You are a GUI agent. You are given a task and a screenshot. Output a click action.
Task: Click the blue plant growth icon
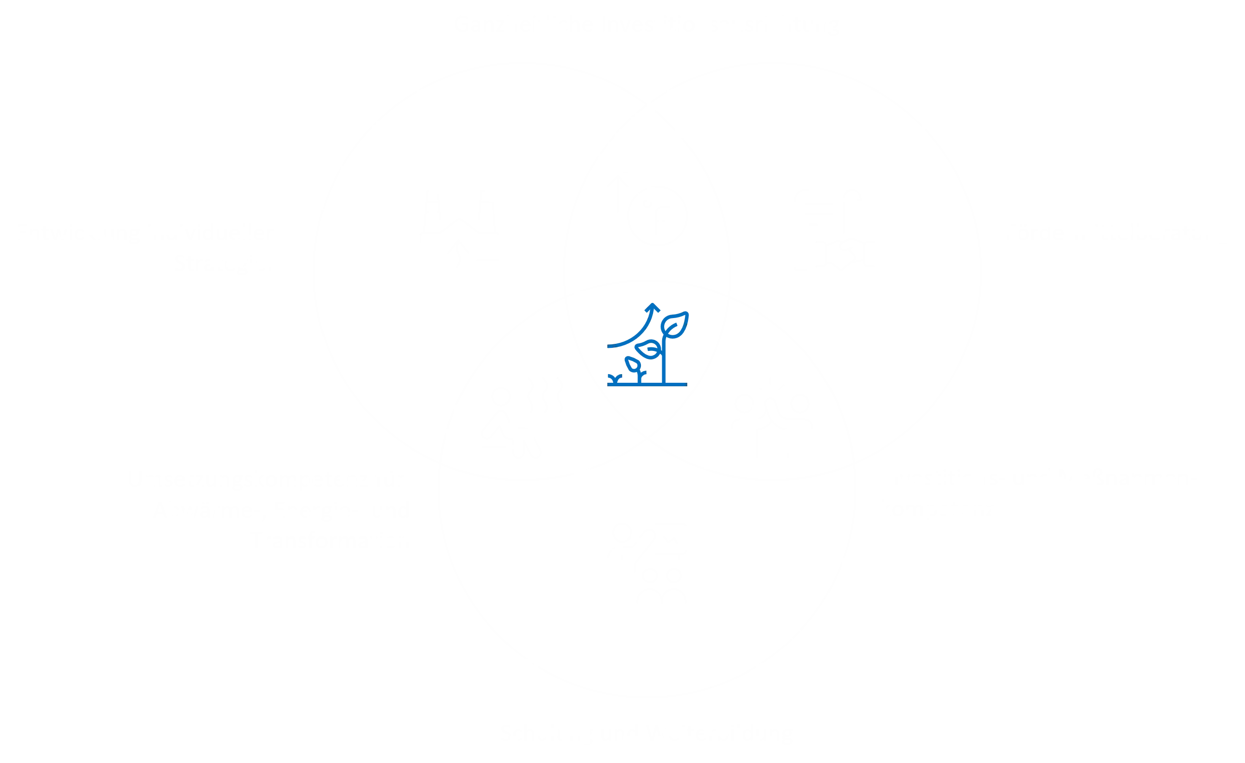(x=648, y=346)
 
